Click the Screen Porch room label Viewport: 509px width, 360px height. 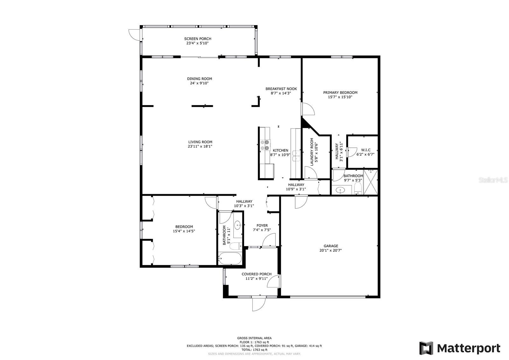point(198,39)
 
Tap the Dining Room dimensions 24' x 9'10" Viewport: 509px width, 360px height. point(199,83)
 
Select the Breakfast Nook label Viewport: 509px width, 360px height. point(281,89)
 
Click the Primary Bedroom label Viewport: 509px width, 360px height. point(340,93)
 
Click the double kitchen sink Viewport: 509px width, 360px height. point(296,156)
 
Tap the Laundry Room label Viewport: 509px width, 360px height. point(312,152)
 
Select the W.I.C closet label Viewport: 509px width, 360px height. point(366,150)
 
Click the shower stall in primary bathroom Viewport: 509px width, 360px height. point(371,182)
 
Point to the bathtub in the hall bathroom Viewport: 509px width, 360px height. point(230,258)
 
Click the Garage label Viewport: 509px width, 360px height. point(331,246)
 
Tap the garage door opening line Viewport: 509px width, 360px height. point(328,297)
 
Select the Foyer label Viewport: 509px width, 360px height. point(262,226)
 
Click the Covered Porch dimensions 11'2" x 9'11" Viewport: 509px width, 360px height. point(256,279)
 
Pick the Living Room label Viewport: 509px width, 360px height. point(200,142)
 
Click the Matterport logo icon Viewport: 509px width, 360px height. point(426,348)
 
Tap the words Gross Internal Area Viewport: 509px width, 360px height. point(254,338)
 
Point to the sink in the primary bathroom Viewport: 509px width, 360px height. point(340,190)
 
